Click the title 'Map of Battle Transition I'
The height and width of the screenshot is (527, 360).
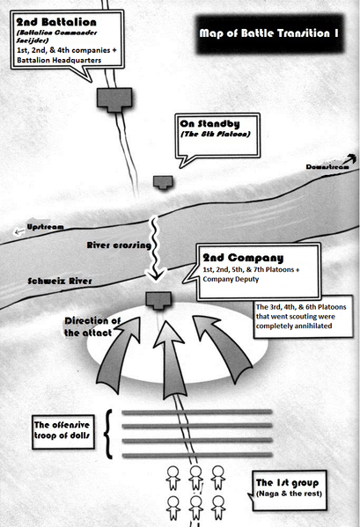coord(269,33)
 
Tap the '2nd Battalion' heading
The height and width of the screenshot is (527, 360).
coord(56,22)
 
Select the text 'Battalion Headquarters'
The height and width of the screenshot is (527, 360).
coord(59,60)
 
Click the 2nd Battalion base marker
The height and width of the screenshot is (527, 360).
coord(114,99)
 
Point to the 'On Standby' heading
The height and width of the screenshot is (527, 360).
coord(209,124)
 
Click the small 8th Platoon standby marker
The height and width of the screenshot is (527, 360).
coord(163,182)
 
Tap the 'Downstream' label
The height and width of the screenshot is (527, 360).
coord(327,166)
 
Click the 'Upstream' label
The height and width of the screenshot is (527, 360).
coord(45,227)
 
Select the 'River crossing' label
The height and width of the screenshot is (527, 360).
coord(119,245)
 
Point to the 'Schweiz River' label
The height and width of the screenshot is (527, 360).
coord(60,281)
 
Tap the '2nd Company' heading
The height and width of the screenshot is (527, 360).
coord(243,258)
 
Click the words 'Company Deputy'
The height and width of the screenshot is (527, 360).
coord(231,279)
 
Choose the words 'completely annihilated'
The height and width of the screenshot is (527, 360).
coord(294,326)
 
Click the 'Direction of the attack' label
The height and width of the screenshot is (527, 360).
coord(92,326)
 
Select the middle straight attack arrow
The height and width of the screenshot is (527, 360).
coord(171,361)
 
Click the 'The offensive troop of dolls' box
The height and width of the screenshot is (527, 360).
coord(62,432)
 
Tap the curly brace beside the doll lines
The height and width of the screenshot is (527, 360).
coord(108,434)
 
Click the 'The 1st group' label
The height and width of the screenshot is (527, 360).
coord(287,483)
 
